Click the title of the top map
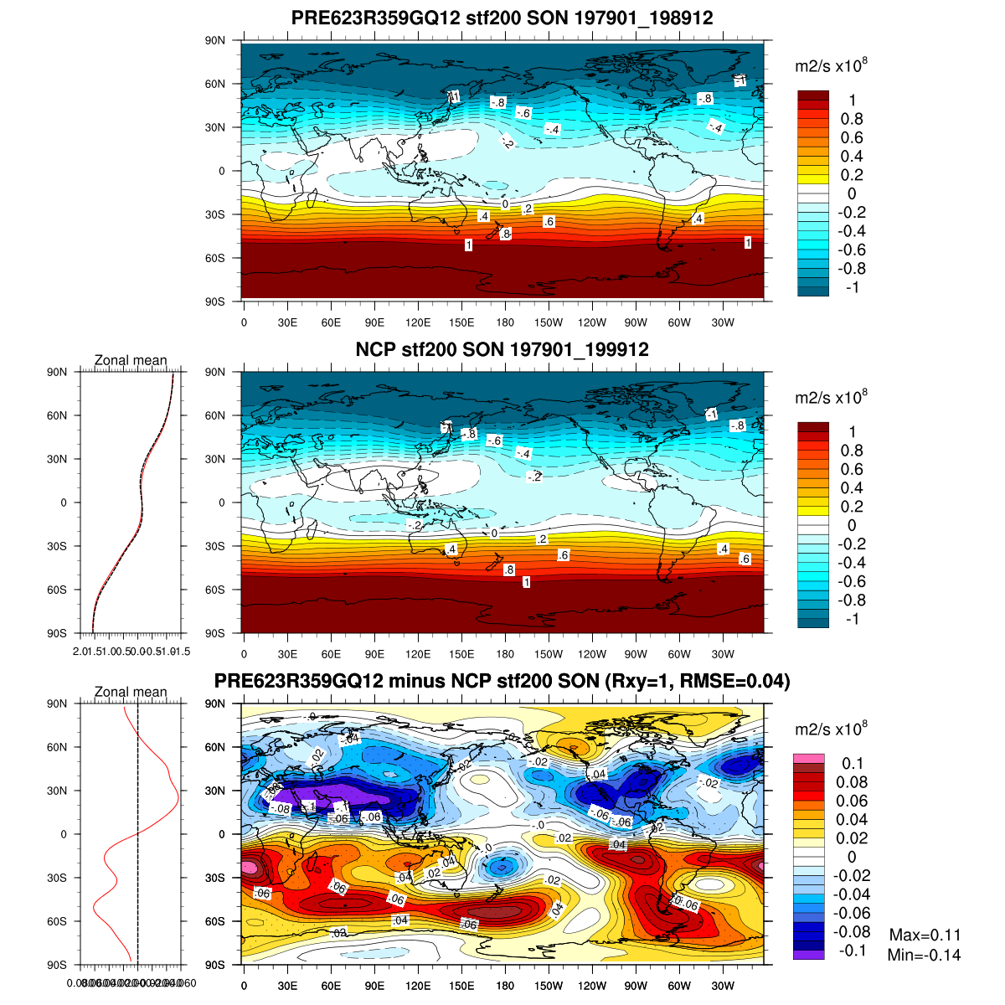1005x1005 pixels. [502, 18]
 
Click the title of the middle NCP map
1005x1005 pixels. [502, 349]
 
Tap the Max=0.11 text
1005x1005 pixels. [925, 935]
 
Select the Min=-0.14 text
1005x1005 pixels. [924, 956]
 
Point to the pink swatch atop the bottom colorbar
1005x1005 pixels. [808, 759]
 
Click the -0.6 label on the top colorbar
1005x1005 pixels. [852, 250]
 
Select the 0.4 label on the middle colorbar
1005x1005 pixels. [852, 488]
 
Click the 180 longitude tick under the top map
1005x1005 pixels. [505, 322]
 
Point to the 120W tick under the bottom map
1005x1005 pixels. [592, 986]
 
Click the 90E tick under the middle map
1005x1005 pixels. [374, 654]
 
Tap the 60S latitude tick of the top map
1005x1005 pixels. [216, 258]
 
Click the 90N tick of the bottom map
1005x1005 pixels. [216, 703]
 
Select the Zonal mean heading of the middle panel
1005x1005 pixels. [131, 360]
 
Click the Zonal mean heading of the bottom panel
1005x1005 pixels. [131, 692]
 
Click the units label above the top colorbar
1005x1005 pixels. [830, 66]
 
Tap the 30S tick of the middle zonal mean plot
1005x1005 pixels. [58, 546]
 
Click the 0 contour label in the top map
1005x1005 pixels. [505, 204]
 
